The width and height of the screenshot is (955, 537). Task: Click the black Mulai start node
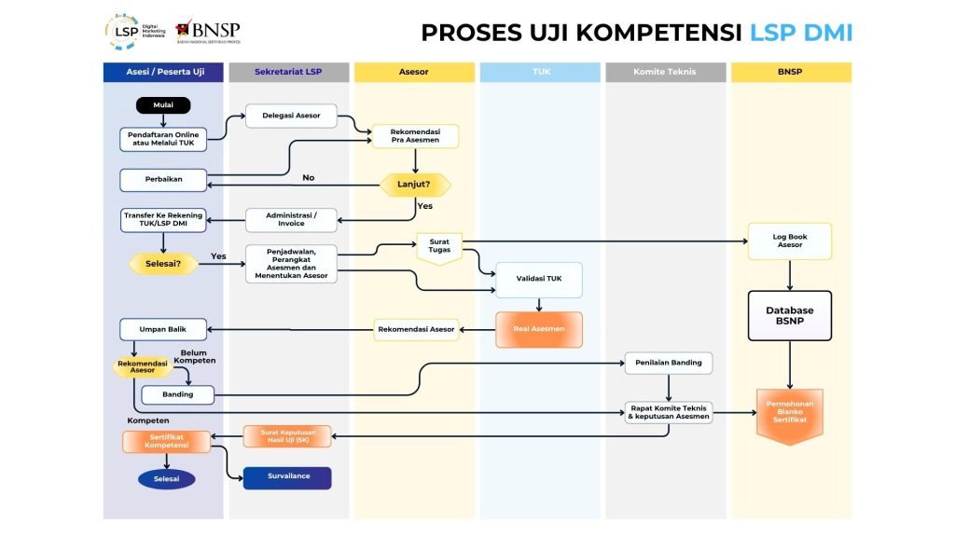point(163,105)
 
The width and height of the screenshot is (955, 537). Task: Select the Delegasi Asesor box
point(290,116)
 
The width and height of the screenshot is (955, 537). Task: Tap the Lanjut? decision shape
point(415,185)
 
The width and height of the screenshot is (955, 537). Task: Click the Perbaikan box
point(163,179)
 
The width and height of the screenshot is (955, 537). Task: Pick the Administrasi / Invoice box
point(290,219)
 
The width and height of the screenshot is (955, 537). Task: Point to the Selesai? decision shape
point(163,264)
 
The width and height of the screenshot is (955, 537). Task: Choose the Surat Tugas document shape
point(438,246)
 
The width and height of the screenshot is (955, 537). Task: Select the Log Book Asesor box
point(790,241)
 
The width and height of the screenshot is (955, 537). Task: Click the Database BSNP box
point(790,316)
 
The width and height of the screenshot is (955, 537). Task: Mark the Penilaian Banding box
point(668,362)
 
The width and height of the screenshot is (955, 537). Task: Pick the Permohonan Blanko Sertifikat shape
point(790,414)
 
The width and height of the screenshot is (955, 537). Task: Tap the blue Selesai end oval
point(167,479)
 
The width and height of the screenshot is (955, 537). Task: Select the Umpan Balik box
point(163,329)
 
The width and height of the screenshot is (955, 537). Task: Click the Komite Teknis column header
point(665,72)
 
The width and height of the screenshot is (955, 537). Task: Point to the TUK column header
point(540,72)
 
